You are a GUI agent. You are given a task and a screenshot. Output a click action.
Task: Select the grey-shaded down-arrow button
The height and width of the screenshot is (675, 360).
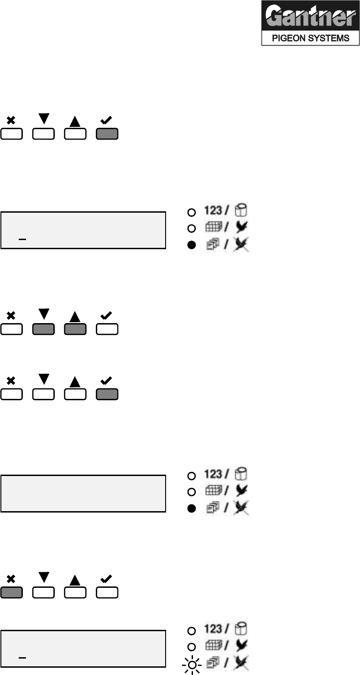43,330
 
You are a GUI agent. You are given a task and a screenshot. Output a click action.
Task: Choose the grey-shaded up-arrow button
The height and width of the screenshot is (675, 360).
75,330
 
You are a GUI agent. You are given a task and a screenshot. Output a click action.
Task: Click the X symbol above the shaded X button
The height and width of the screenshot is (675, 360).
11,579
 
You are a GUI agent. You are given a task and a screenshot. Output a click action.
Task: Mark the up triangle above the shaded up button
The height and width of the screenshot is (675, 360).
75,316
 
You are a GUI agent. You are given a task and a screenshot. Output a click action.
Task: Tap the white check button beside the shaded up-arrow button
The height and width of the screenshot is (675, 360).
107,330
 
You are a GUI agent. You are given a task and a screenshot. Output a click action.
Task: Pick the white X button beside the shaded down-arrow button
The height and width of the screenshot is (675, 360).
11,330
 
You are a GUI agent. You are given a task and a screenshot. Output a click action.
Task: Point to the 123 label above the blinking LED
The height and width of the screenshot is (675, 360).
213,629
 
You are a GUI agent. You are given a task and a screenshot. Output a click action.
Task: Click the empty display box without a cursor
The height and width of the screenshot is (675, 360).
83,493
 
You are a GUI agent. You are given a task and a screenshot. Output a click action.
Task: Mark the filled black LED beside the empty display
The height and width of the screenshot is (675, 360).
192,508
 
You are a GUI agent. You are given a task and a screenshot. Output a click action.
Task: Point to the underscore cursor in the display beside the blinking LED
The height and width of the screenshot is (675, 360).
21,658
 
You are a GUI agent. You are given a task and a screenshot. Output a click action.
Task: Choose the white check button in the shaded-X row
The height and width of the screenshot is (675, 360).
107,592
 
